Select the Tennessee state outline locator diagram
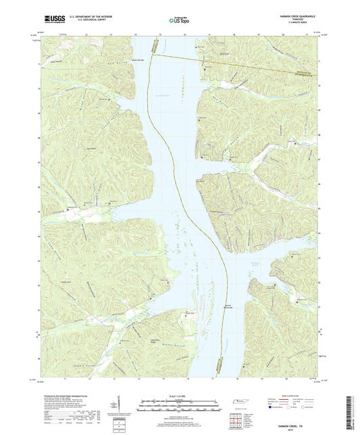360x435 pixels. pos(239,403)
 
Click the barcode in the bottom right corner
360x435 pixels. pos(348,412)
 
